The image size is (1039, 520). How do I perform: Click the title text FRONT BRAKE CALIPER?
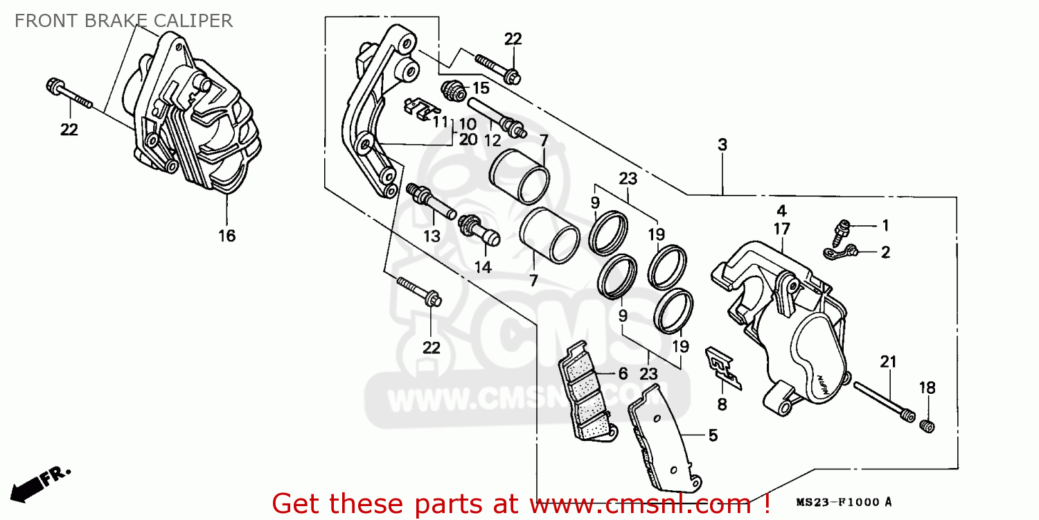tap(123, 21)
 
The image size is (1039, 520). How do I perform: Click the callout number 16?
tap(227, 236)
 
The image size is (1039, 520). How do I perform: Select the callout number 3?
tap(722, 145)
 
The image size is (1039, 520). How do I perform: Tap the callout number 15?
tap(481, 88)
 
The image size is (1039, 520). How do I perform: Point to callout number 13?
tap(432, 236)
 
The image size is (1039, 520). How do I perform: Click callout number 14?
tap(482, 268)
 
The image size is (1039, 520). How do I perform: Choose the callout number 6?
tap(623, 373)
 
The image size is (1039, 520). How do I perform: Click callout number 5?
tap(713, 435)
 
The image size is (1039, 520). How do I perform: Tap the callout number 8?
tap(722, 404)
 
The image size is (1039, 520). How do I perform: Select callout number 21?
tap(888, 362)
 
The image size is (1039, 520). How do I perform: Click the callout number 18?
tap(927, 388)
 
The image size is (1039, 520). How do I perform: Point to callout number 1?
tap(885, 225)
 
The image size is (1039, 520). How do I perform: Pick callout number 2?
tap(885, 252)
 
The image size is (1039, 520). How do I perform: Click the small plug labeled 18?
tap(927, 426)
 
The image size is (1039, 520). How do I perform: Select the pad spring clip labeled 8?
tap(722, 367)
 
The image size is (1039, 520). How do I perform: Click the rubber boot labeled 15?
tap(453, 91)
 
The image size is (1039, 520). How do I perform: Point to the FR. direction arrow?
tap(40, 484)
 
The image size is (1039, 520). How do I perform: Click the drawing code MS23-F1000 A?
tap(844, 502)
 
